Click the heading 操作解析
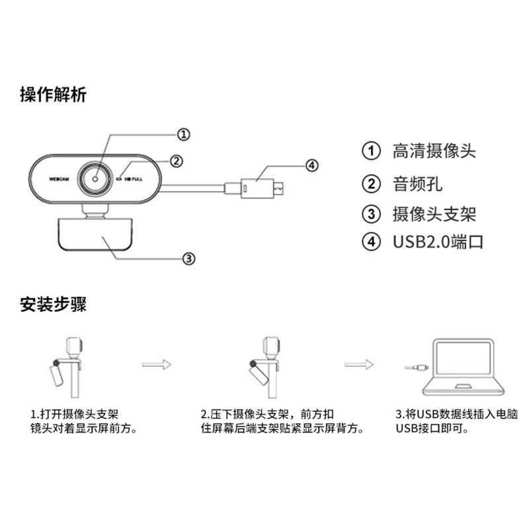tap(54, 95)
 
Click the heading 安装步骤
tap(54, 304)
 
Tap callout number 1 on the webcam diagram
tap(184, 134)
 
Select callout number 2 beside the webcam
tap(177, 161)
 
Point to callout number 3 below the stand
tap(189, 259)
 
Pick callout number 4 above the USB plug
tap(311, 165)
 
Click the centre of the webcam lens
tap(95, 179)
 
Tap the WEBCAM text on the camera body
tap(59, 179)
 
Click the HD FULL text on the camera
tap(134, 179)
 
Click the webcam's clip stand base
tap(95, 234)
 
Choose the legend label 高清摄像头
tap(434, 151)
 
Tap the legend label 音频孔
tap(418, 184)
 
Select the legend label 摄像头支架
tap(434, 214)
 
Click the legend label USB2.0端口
tap(438, 241)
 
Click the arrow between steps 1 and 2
tap(157, 364)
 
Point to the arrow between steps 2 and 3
tap(359, 364)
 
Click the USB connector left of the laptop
tap(417, 367)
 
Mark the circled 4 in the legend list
tap(371, 241)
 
